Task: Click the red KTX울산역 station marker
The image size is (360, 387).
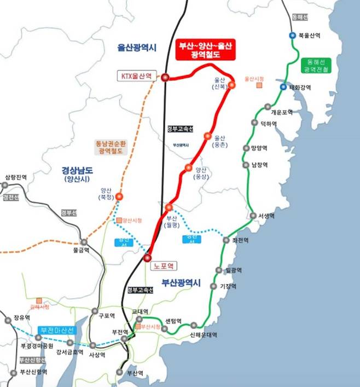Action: pyautogui.click(x=165, y=77)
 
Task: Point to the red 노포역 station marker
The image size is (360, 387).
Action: pyautogui.click(x=147, y=257)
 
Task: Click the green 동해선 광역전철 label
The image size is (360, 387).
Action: pyautogui.click(x=316, y=66)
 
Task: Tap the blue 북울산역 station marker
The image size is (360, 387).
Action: pyautogui.click(x=293, y=35)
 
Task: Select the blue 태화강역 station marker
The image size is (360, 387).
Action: pyautogui.click(x=283, y=87)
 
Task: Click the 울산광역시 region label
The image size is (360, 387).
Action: pyautogui.click(x=137, y=48)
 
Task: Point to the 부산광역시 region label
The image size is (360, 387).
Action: pyautogui.click(x=181, y=283)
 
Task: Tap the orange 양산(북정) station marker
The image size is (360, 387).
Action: pyautogui.click(x=119, y=196)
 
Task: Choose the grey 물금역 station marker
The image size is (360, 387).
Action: pyautogui.click(x=84, y=241)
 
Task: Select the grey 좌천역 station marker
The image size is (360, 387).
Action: pyautogui.click(x=226, y=240)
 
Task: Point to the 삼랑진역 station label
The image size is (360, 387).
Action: pyautogui.click(x=16, y=177)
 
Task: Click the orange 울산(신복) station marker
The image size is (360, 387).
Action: pyautogui.click(x=231, y=85)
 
